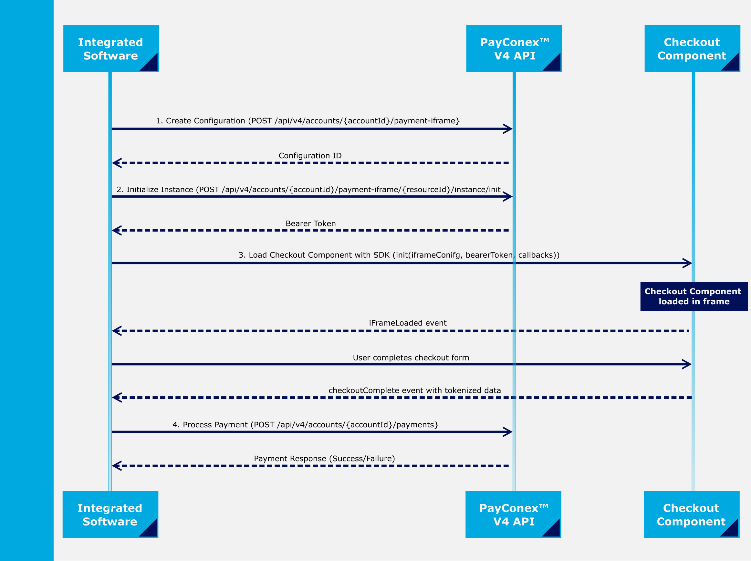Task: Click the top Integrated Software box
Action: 111,48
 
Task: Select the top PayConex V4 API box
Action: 514,48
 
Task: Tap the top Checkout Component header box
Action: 692,48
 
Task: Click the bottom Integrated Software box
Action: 110,514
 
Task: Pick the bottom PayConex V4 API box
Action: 513,514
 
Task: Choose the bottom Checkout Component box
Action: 692,514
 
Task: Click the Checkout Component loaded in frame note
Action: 694,296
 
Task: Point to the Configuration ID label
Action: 310,156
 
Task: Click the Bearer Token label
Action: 311,223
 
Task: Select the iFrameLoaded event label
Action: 408,323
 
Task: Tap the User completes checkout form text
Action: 411,358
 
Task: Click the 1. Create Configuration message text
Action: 308,121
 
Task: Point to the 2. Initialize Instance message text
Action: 308,190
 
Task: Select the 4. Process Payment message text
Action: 305,425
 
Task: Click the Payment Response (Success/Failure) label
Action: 324,459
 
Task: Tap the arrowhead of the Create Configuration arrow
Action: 508,129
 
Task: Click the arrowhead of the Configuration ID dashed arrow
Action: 117,163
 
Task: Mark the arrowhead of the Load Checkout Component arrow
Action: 687,263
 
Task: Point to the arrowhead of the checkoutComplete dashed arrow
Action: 117,398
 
